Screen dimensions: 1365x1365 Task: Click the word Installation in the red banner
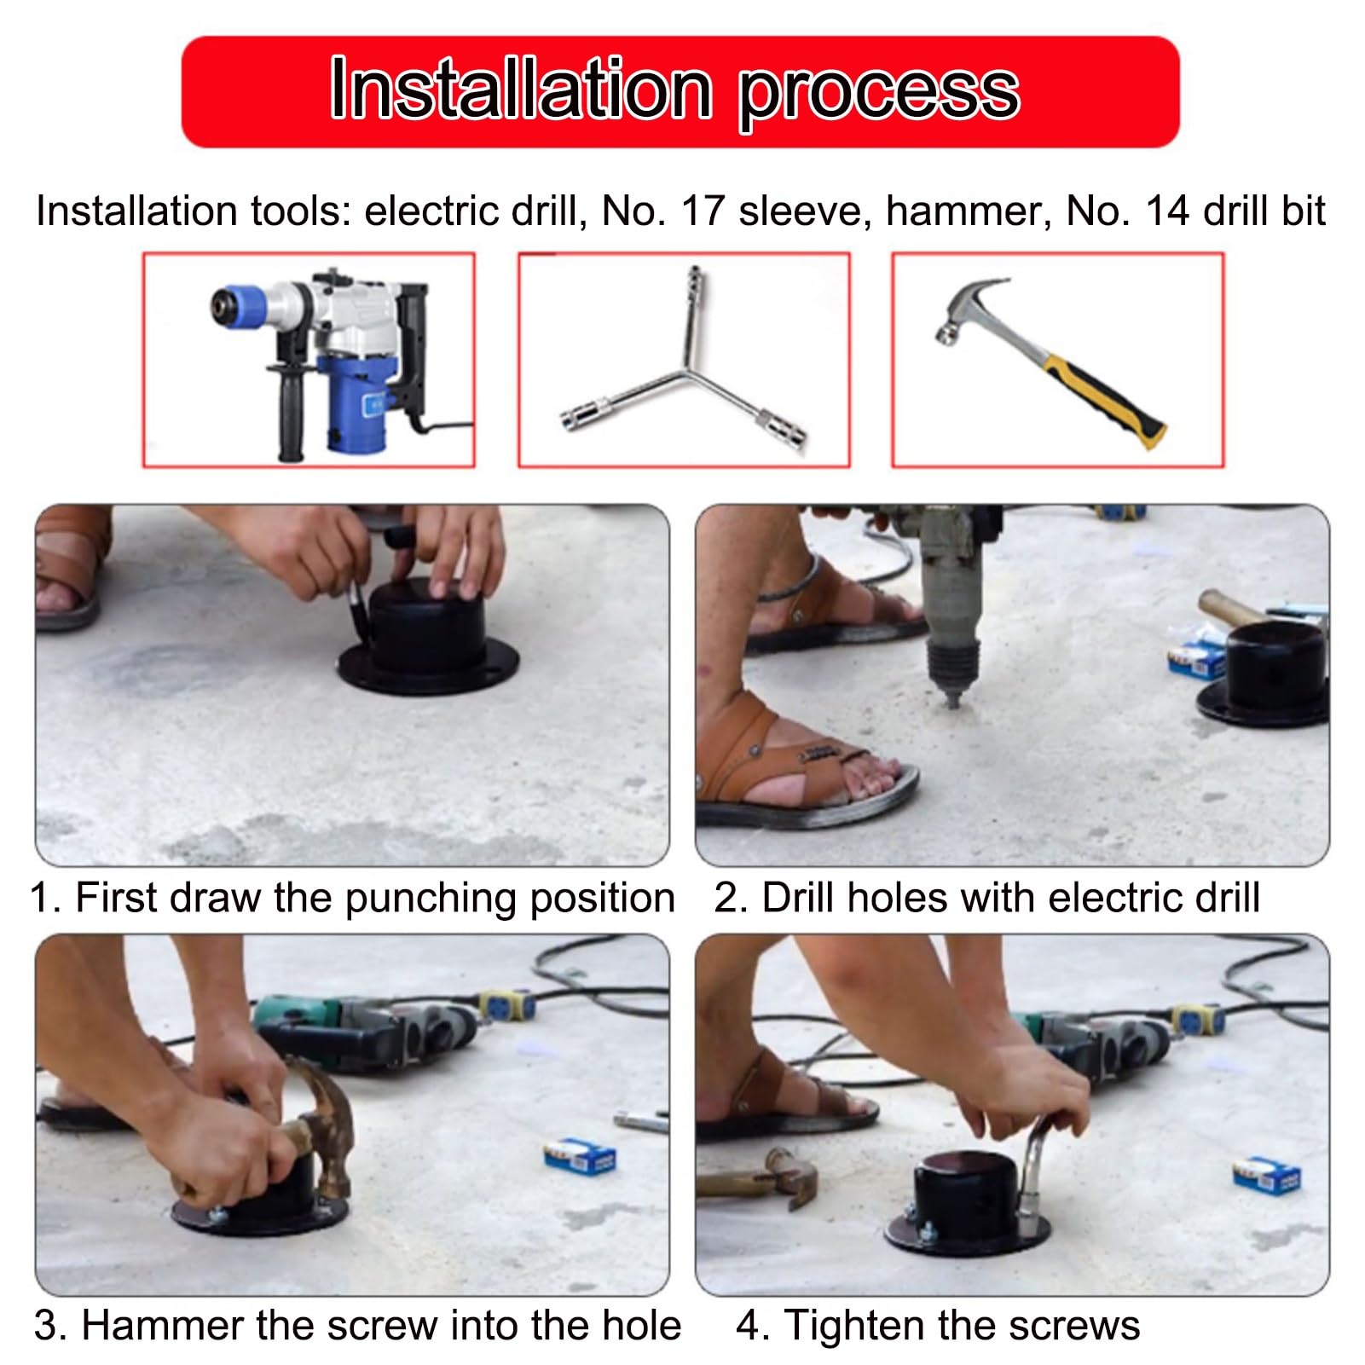(521, 90)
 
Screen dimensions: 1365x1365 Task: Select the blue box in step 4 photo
(1267, 1174)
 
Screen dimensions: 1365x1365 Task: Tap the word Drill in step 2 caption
(800, 897)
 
